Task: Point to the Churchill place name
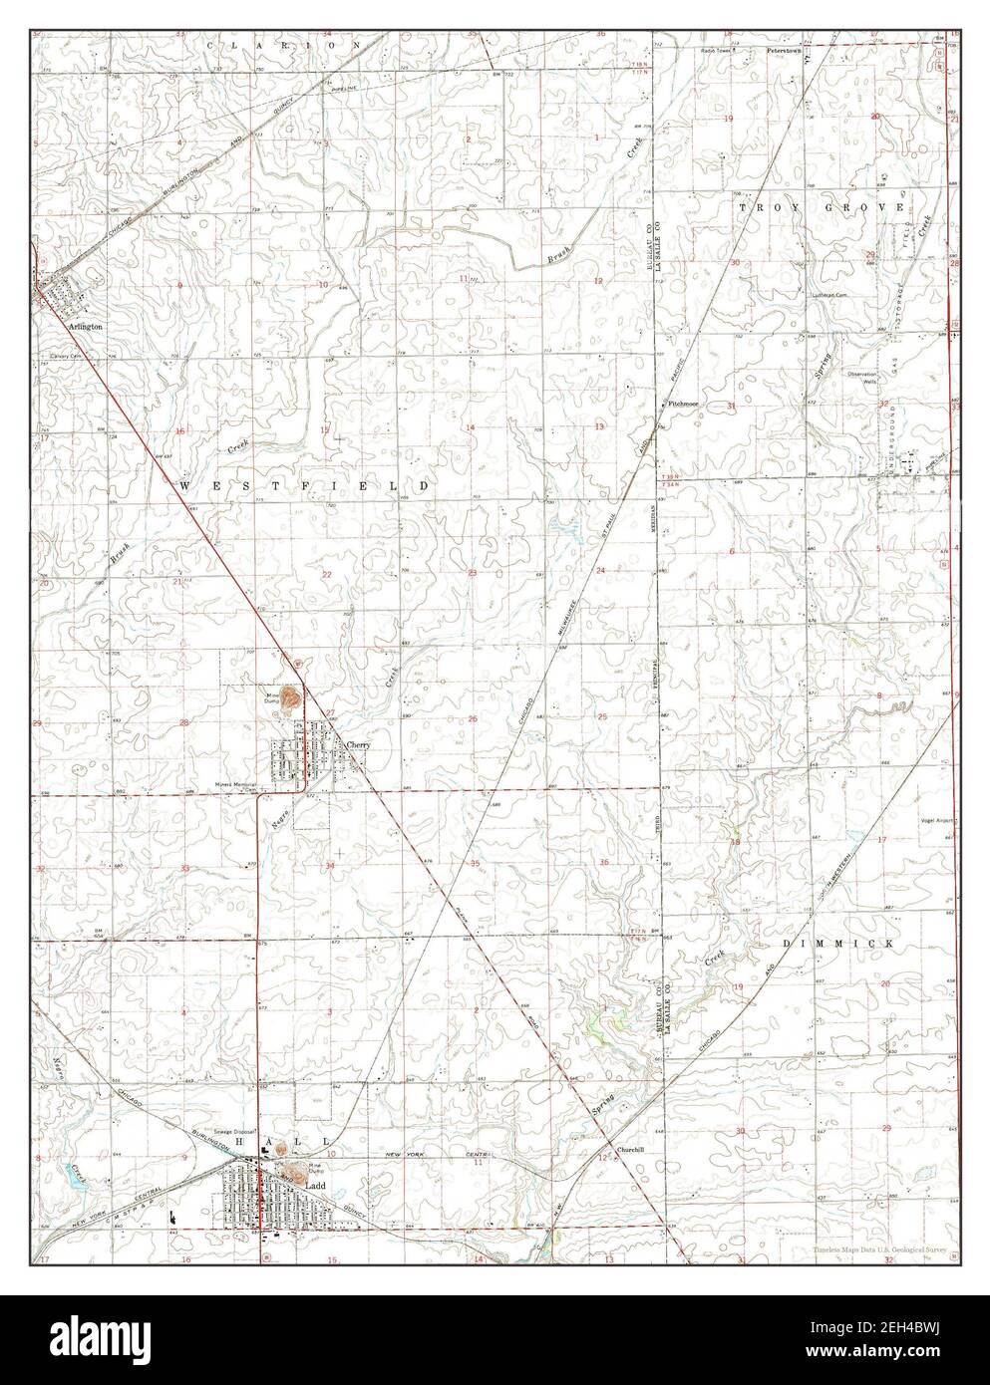point(630,1149)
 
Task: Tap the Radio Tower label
point(716,49)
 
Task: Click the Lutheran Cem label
point(828,295)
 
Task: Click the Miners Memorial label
point(236,784)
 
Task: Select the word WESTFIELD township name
point(305,484)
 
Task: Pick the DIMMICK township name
point(834,942)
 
